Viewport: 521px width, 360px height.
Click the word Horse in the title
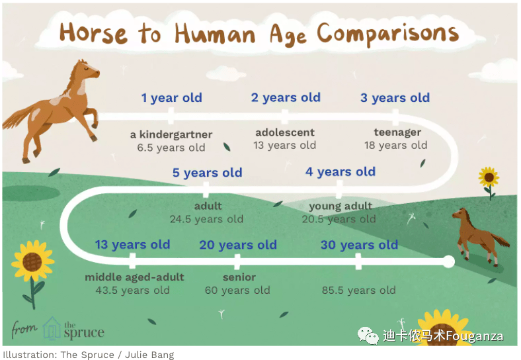[93, 34]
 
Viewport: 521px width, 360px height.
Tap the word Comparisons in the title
[387, 34]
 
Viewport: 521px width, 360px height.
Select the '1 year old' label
[171, 98]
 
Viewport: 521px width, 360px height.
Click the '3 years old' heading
[395, 98]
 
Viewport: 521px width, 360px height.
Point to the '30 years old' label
[359, 245]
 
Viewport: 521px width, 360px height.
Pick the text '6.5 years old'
[171, 148]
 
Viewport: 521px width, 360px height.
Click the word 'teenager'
[397, 132]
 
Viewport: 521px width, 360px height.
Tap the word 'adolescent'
[285, 132]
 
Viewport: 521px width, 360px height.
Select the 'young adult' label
[341, 206]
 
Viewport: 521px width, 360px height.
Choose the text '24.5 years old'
[206, 219]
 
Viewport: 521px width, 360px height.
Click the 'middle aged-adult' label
[134, 277]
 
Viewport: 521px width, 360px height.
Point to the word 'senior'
[239, 277]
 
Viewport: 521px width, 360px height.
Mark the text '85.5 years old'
[358, 290]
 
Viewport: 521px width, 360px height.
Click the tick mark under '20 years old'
[237, 261]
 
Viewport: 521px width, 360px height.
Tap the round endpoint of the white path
[448, 261]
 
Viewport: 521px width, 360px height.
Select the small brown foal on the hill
[480, 236]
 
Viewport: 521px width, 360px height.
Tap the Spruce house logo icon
[52, 328]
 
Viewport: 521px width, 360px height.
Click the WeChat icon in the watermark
[368, 336]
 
